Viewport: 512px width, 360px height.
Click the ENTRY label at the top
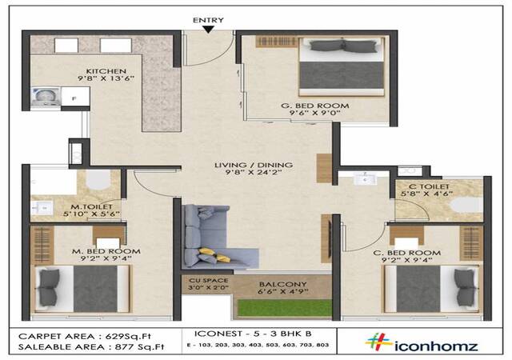(208, 20)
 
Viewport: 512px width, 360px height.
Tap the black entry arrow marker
(208, 30)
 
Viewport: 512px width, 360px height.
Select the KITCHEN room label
(106, 71)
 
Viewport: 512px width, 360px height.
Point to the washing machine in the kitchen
(46, 96)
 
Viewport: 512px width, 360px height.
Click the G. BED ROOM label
(315, 106)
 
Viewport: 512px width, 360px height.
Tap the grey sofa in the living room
(215, 237)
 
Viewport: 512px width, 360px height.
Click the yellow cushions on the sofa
(214, 255)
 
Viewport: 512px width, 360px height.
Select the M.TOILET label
(92, 206)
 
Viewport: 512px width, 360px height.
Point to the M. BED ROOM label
(106, 251)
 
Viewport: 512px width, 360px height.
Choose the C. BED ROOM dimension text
(407, 260)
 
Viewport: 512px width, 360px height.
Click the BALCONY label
(282, 284)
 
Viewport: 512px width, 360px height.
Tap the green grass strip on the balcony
(285, 308)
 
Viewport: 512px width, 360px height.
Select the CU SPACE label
(208, 280)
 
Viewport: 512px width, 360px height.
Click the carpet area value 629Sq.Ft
(128, 336)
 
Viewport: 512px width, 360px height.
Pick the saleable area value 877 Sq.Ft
(139, 347)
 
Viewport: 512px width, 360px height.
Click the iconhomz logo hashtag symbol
(378, 342)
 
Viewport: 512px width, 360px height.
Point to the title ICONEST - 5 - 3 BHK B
(253, 334)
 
